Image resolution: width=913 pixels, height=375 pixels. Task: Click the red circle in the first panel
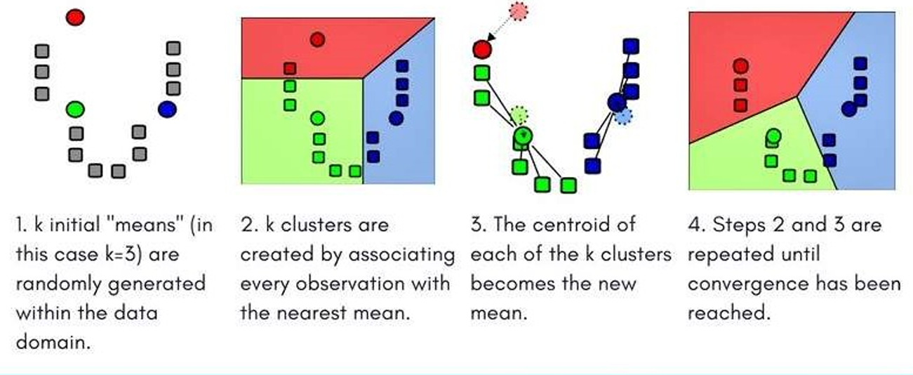[75, 18]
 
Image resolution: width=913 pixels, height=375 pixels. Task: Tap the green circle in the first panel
[75, 110]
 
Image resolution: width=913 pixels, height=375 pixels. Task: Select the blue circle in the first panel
[167, 109]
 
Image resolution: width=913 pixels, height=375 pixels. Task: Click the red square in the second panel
[290, 68]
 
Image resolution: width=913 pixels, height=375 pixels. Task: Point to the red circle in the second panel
[317, 39]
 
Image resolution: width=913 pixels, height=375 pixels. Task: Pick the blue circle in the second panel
[396, 119]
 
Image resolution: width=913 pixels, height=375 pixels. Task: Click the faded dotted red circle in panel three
[519, 11]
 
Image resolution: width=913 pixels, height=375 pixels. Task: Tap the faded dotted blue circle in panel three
[623, 117]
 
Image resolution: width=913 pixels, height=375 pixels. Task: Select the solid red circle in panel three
[482, 49]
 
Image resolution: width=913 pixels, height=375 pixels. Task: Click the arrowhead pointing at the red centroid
[491, 37]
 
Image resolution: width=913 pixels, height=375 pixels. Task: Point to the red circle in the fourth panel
[740, 66]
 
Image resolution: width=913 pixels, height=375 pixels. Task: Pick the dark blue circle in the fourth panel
[849, 109]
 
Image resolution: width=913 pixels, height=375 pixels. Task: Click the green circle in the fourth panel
[773, 136]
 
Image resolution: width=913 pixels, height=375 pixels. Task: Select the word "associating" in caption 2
[401, 255]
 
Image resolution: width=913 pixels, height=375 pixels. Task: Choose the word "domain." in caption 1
[53, 341]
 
